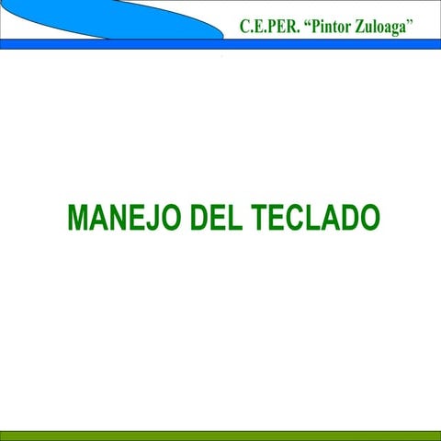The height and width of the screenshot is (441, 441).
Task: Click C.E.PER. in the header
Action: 266,26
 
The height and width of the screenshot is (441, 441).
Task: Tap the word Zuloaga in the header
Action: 384,26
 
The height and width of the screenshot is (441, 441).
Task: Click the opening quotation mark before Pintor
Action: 306,21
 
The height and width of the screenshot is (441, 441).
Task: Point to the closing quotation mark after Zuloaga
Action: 415,21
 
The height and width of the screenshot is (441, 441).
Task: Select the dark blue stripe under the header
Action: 220,44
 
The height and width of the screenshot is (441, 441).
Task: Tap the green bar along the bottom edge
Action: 220,435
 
